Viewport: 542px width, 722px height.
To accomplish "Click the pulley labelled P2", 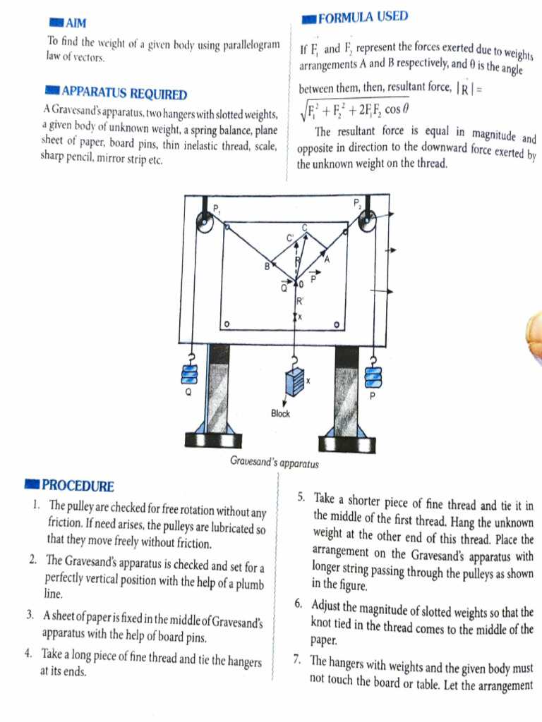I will click(x=367, y=226).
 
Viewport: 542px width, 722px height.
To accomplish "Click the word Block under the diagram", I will click(x=280, y=414).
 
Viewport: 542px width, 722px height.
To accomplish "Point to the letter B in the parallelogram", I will click(x=267, y=267).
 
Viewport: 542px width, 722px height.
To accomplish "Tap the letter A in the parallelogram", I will click(x=327, y=259).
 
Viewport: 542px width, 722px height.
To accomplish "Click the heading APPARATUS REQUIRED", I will click(x=124, y=94).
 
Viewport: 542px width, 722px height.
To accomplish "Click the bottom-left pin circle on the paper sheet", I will click(x=227, y=324).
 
